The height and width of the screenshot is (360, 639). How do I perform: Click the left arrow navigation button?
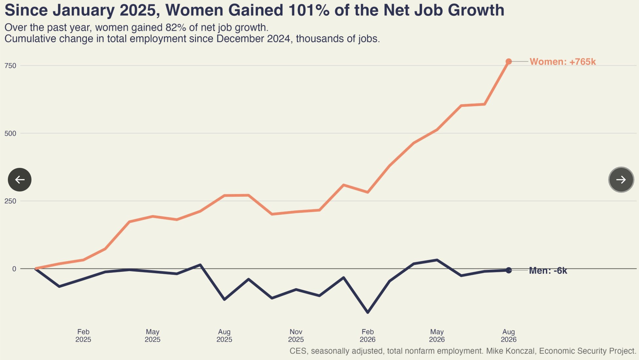click(20, 180)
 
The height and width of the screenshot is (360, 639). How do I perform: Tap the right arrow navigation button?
click(621, 180)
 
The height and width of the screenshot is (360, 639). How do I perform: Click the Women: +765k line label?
click(563, 62)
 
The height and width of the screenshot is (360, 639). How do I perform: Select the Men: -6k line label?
click(548, 270)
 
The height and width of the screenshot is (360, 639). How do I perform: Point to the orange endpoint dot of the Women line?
click(509, 62)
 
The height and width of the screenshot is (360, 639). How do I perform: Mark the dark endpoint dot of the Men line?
click(509, 270)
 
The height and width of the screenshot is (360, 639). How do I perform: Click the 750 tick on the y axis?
click(10, 66)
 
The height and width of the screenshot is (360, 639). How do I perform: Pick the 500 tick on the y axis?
click(10, 133)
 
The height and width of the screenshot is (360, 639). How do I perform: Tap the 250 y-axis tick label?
click(10, 201)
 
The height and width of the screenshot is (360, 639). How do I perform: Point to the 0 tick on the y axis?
click(14, 269)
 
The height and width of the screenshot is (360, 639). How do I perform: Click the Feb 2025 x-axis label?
click(83, 335)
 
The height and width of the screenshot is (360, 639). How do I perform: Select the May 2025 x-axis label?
click(152, 335)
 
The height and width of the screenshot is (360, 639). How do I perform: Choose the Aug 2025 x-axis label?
click(224, 335)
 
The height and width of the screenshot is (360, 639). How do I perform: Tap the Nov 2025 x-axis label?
click(296, 335)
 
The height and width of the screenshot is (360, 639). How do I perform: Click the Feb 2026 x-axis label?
click(368, 335)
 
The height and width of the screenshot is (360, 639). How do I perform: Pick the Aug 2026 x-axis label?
click(509, 335)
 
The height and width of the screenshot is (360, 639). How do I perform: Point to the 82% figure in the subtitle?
click(176, 28)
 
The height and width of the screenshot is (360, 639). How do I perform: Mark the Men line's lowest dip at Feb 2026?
click(368, 312)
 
